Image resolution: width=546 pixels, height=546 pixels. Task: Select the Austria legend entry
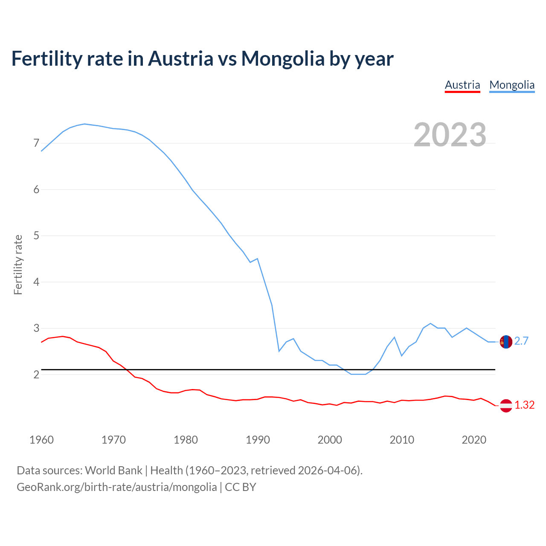[462, 85]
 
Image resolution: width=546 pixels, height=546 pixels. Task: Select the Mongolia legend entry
[512, 85]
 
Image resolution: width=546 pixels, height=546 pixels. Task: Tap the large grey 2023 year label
[450, 135]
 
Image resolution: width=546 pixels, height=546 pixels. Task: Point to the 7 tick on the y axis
[36, 143]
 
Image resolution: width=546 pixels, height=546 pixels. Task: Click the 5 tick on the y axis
[36, 235]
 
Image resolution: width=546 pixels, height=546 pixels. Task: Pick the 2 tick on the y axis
[36, 375]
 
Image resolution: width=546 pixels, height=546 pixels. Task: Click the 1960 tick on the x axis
[41, 440]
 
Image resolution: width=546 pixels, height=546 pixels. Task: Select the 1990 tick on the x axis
[258, 440]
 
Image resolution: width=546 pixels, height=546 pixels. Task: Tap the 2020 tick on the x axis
[474, 440]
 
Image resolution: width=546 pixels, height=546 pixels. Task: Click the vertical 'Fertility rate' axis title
[18, 264]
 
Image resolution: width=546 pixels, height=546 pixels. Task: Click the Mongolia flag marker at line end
[506, 342]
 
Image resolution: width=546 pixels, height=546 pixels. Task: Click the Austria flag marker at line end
[506, 405]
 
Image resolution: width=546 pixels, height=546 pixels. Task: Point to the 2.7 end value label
[521, 341]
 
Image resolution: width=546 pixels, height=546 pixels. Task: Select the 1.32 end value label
[524, 405]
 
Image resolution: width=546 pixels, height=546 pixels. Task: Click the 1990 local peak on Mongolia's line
[257, 258]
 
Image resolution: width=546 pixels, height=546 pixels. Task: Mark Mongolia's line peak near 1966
[84, 124]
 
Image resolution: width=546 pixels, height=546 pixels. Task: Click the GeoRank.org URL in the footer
[116, 487]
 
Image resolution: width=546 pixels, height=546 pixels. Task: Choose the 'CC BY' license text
[240, 487]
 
